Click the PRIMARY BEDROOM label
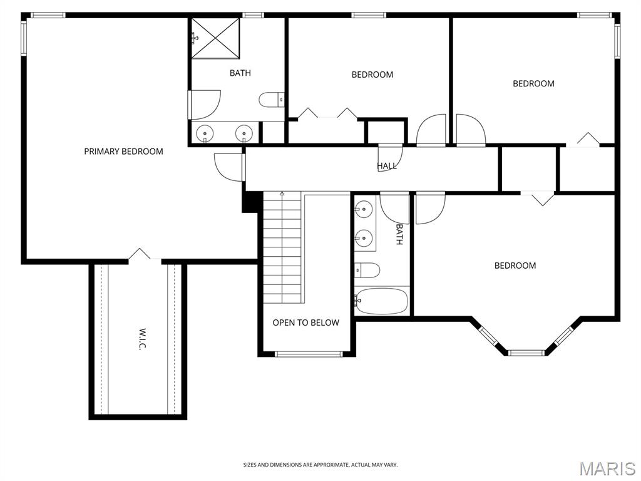[x=123, y=152]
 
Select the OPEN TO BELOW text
[x=305, y=323]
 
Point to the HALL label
[x=387, y=165]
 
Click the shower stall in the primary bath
[x=215, y=38]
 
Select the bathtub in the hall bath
[x=381, y=301]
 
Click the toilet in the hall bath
[x=367, y=271]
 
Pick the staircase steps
[x=282, y=247]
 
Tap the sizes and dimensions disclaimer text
[x=320, y=465]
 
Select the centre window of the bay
[x=526, y=353]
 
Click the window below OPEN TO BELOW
[x=308, y=354]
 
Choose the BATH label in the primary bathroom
[x=240, y=73]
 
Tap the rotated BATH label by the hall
[x=399, y=234]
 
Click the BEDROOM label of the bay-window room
[x=515, y=266]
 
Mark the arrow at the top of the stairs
[x=282, y=194]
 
